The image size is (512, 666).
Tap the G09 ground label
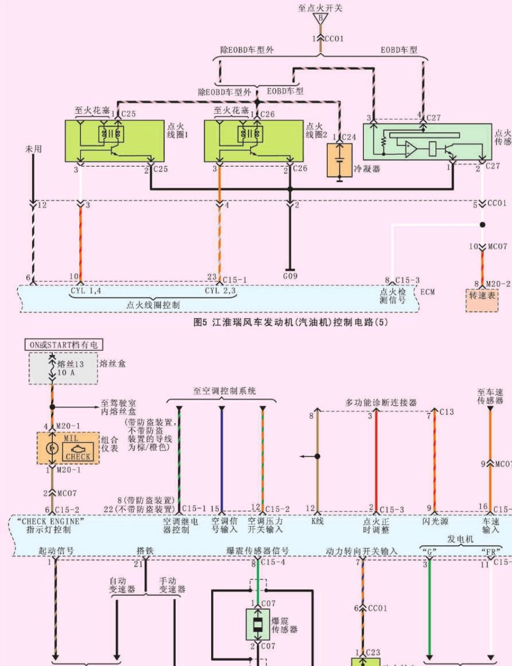[x=290, y=277]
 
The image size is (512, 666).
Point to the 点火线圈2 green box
[x=253, y=140]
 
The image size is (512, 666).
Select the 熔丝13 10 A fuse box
[x=64, y=369]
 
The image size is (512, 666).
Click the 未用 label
[x=33, y=148]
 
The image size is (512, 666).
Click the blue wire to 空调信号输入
[x=222, y=458]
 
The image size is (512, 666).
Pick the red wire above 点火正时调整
[x=376, y=458]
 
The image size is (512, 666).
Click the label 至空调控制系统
[x=224, y=390]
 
